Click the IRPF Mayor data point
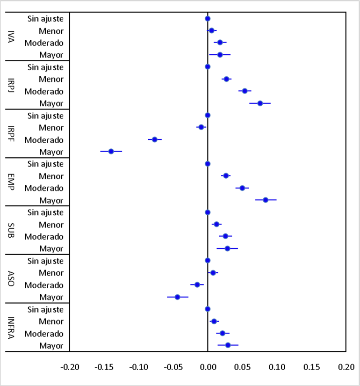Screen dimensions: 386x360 (111, 151)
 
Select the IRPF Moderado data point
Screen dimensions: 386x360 (155, 139)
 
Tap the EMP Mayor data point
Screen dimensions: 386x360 (266, 200)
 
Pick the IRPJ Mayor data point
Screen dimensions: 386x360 (260, 103)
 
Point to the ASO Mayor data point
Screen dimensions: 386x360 (178, 297)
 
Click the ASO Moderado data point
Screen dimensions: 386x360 (197, 284)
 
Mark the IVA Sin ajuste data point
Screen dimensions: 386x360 (208, 19)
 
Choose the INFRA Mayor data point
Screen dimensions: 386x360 (228, 345)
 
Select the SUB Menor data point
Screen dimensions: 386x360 (216, 224)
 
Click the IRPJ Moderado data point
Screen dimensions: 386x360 (245, 91)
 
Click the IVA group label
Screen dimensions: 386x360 (11, 37)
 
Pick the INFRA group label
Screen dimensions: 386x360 (11, 328)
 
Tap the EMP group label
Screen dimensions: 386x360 (11, 182)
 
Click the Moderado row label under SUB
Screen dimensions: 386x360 (44, 237)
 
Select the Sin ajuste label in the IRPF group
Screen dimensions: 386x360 (45, 115)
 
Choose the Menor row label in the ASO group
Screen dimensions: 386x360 (51, 273)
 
